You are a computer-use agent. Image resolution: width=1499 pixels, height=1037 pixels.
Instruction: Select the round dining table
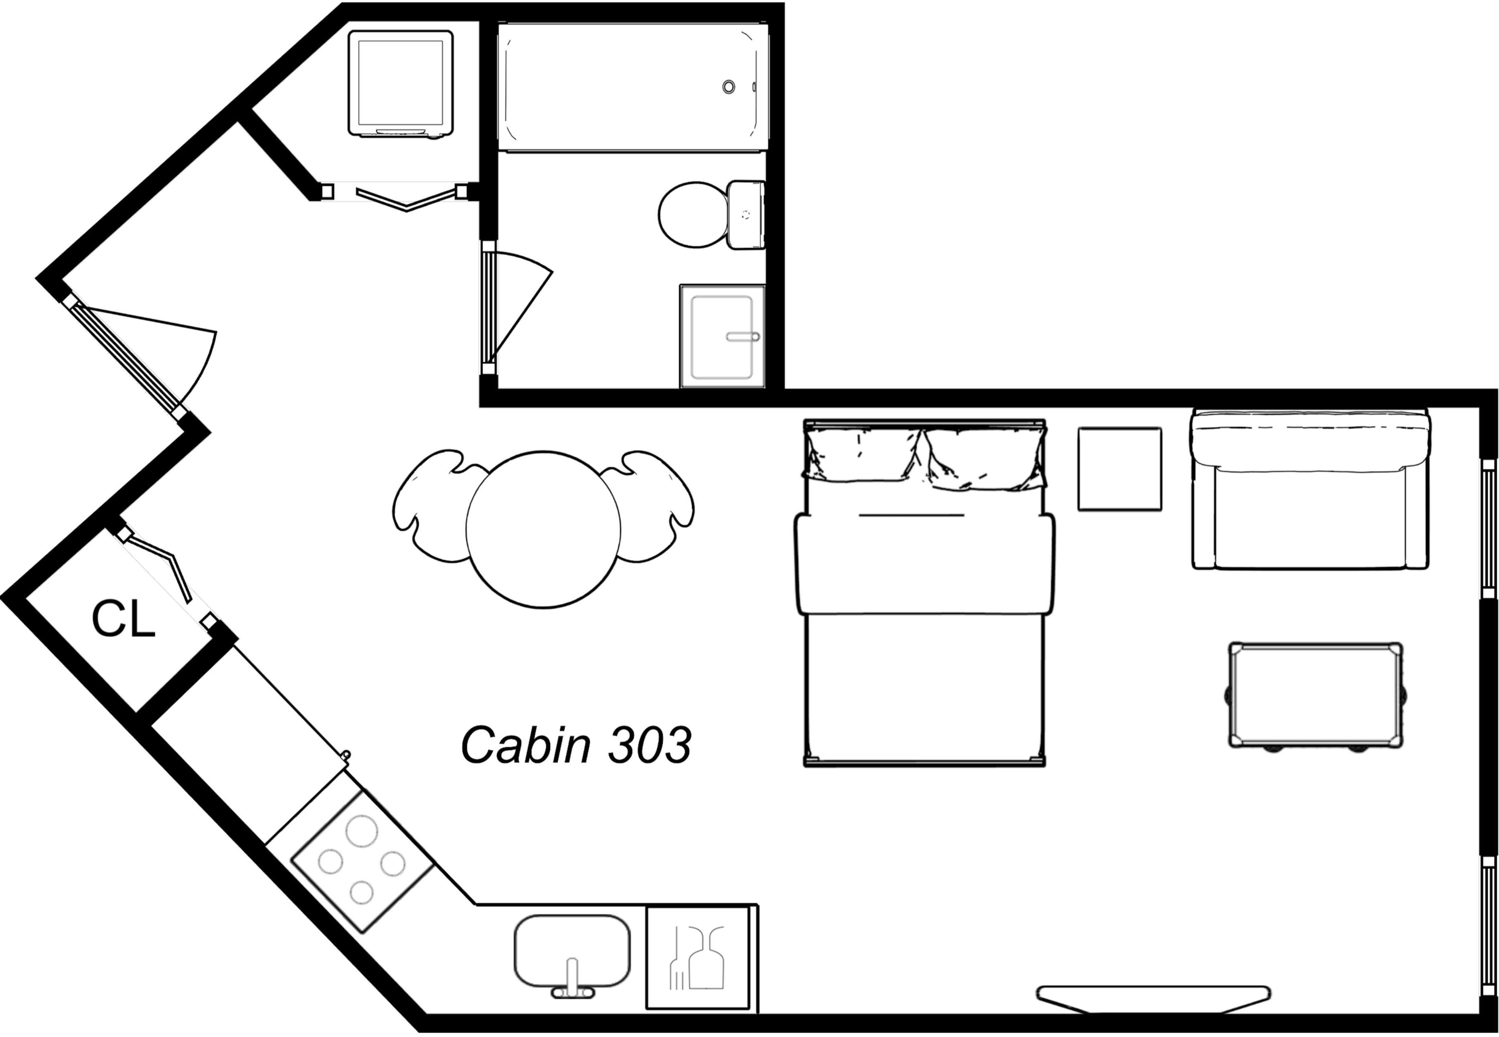(x=543, y=530)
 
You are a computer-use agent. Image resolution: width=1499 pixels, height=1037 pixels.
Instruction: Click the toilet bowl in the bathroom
(x=693, y=215)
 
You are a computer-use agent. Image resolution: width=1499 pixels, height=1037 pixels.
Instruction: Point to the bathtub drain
(x=729, y=87)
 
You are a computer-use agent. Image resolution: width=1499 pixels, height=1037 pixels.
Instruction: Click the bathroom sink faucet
(x=743, y=336)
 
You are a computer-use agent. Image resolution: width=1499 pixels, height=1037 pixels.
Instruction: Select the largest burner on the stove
(x=362, y=830)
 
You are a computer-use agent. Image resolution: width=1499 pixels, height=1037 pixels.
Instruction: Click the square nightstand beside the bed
(x=1120, y=468)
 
